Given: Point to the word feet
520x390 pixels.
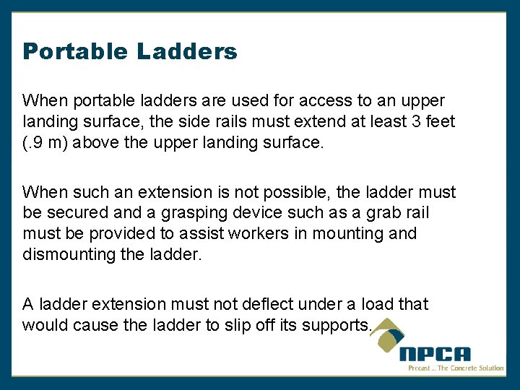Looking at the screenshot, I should (x=441, y=121).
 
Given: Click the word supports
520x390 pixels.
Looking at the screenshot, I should (x=334, y=325).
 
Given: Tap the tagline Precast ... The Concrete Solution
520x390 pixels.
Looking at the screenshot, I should (x=455, y=368).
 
